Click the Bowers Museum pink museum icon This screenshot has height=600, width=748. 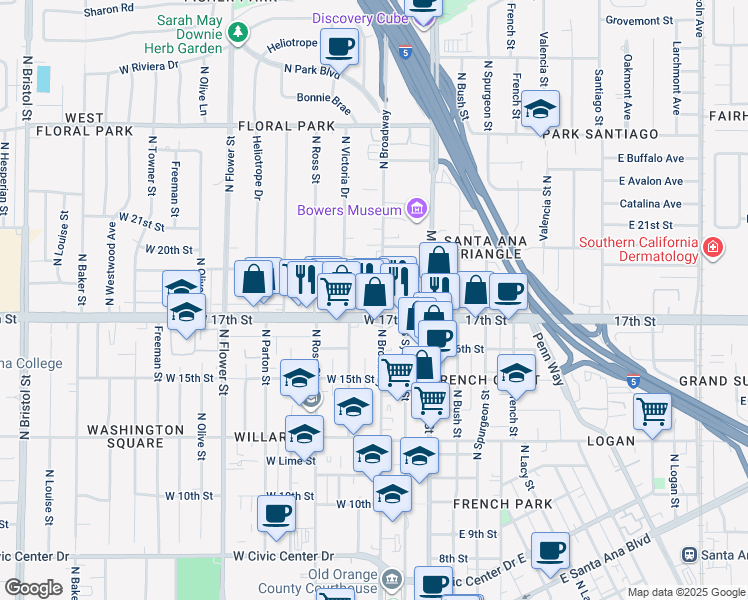[x=417, y=209]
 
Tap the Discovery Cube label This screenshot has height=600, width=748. [x=357, y=18]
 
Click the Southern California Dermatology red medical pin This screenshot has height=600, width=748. [x=712, y=247]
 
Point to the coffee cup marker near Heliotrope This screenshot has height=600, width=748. [x=341, y=46]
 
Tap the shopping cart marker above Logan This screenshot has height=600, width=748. [x=652, y=410]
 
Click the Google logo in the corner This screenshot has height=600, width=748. [x=33, y=587]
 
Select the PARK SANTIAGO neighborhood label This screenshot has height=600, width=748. [x=601, y=134]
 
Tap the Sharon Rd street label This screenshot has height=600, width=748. [x=109, y=8]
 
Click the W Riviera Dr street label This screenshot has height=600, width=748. [x=148, y=67]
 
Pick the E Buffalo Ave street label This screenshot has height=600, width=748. [x=650, y=158]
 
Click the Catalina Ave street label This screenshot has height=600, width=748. [x=650, y=203]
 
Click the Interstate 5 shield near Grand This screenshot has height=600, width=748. [x=633, y=382]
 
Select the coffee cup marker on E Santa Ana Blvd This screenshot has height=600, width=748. [x=549, y=550]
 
